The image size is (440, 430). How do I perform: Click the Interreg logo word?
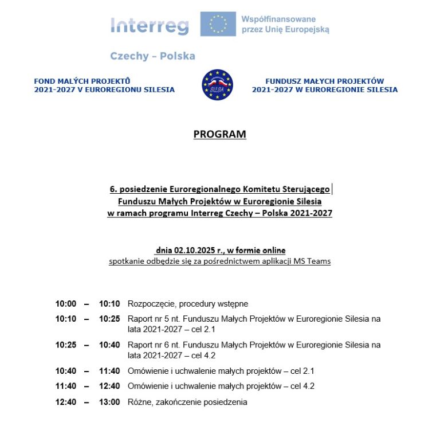[x=149, y=26]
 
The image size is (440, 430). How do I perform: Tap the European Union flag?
[x=218, y=24]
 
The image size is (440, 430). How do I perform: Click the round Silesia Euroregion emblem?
[x=217, y=85]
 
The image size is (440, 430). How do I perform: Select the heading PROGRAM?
[x=219, y=134]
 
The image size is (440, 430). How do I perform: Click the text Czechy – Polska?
[x=152, y=56]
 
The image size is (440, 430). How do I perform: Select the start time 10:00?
[x=65, y=304]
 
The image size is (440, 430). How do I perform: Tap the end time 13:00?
[x=109, y=402]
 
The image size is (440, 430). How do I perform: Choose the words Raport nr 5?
[x=148, y=319]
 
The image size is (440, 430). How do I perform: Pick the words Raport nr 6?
[x=148, y=345]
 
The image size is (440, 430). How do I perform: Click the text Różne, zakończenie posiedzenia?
[x=187, y=402]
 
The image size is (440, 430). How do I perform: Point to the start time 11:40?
[x=65, y=386]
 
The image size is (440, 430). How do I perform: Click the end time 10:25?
[x=109, y=319]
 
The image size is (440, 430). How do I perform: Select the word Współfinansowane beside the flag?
[x=278, y=19]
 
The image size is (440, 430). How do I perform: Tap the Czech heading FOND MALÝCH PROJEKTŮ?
[x=82, y=81]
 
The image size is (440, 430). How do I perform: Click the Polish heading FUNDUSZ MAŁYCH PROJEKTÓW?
[x=325, y=81]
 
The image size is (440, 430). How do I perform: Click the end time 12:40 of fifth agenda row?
[x=109, y=386]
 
